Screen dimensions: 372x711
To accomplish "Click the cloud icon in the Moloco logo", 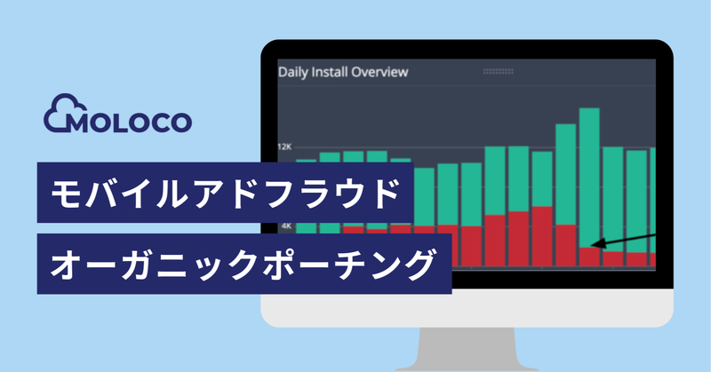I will tap(61, 114).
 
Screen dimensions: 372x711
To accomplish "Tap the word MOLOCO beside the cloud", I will tap(130, 120).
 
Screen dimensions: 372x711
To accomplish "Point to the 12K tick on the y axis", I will tap(285, 147).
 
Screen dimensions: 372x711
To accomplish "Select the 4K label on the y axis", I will tap(285, 226).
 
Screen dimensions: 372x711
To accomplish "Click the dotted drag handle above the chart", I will tap(498, 71).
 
